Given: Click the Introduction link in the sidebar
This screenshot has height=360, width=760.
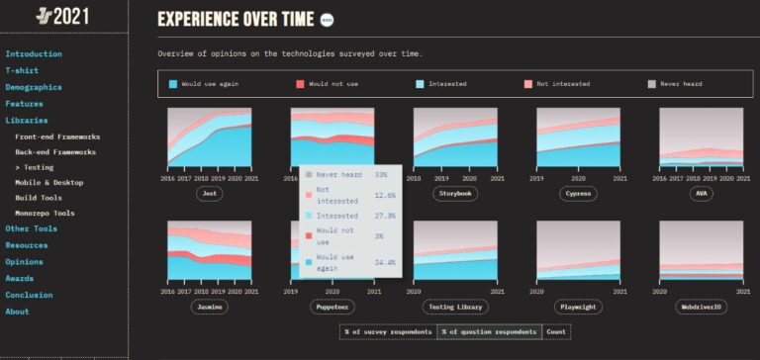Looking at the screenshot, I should (x=34, y=54).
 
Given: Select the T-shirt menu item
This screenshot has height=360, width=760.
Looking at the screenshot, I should (x=22, y=71).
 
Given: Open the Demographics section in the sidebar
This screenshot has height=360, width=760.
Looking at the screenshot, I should (x=33, y=87).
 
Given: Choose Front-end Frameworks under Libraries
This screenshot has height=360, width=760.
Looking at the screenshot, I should (x=57, y=136).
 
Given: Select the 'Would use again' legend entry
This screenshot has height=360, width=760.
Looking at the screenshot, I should (x=208, y=84).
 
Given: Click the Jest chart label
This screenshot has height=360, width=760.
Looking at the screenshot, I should (x=209, y=194).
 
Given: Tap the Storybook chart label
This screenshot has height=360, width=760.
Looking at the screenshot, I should (x=455, y=194).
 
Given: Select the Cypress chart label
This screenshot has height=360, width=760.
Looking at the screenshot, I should (x=578, y=194).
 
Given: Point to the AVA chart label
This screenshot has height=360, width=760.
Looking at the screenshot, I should (x=702, y=194).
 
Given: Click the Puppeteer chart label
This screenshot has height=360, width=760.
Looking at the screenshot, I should (x=332, y=308).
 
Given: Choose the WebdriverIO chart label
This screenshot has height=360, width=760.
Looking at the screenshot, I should (x=702, y=308).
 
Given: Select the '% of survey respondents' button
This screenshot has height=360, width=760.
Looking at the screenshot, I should (x=388, y=331).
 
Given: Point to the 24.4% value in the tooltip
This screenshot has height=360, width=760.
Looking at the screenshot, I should (x=385, y=262).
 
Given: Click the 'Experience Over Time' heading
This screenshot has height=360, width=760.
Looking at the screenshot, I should (x=236, y=19).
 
